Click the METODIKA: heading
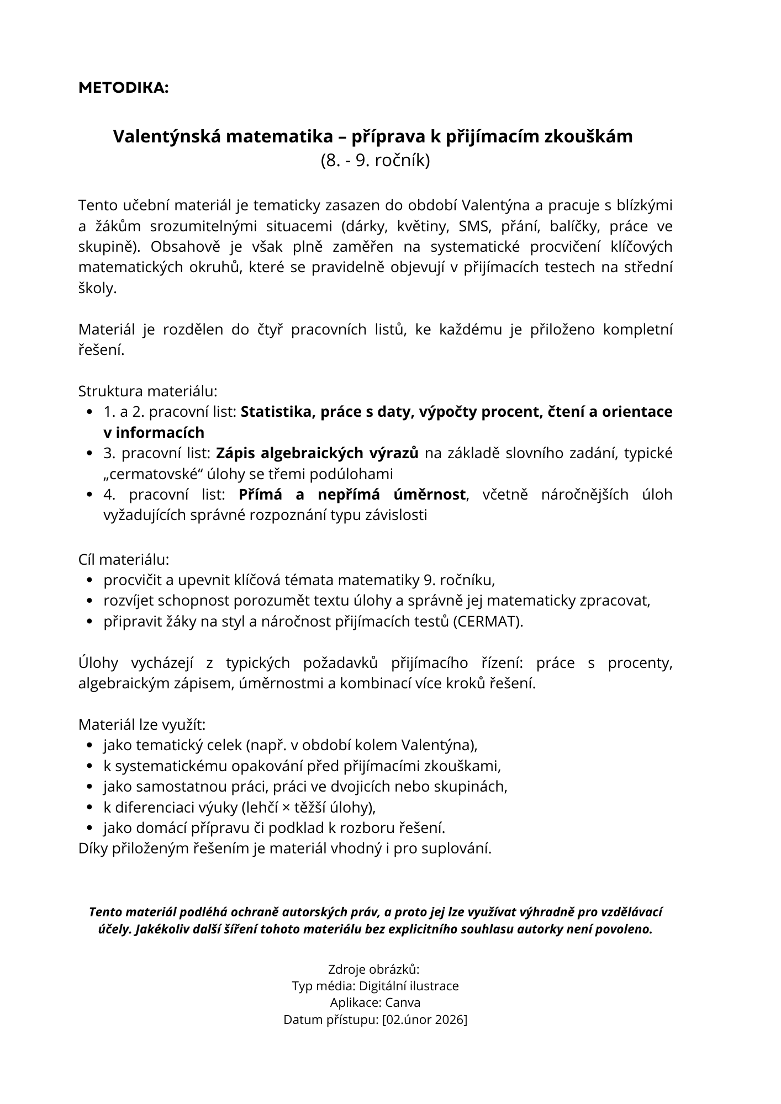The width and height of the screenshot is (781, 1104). [x=124, y=88]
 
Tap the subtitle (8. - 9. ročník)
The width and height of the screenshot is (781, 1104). [x=375, y=161]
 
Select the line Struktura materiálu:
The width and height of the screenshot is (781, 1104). [x=148, y=391]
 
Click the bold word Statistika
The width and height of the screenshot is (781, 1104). [x=273, y=412]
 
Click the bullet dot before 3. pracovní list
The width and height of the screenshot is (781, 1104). [x=90, y=454]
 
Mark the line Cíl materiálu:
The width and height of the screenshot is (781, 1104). [x=124, y=559]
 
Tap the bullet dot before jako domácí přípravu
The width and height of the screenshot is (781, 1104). [x=90, y=828]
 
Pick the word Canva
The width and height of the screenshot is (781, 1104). [x=403, y=1002]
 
